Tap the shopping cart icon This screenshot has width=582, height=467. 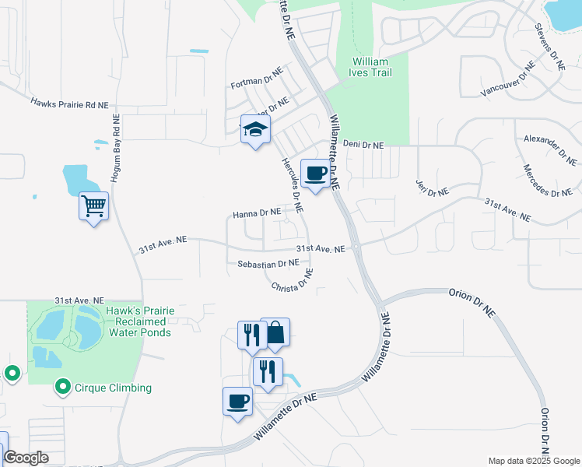(93, 206)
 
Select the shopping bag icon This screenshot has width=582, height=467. (275, 333)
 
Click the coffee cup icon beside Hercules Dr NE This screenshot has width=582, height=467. (314, 174)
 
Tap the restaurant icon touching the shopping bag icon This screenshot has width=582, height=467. (251, 335)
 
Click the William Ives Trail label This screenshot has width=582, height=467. (372, 66)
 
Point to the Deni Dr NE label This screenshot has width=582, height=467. (363, 145)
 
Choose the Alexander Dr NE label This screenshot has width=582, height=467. (550, 149)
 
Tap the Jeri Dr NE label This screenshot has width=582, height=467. (433, 188)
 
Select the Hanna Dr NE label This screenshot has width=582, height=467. (256, 212)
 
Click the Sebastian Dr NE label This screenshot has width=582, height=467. (268, 264)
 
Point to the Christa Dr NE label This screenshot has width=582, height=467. (293, 280)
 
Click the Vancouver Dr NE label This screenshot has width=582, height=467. (509, 80)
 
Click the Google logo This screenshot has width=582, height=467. (26, 458)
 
